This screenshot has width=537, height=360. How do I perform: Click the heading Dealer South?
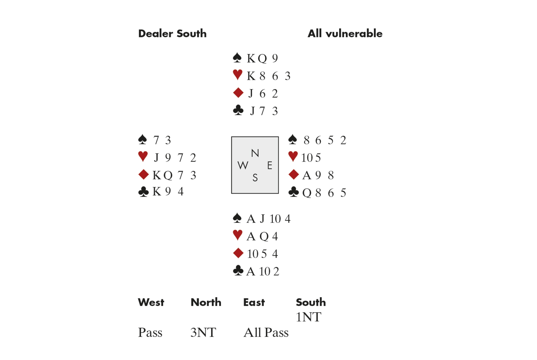point(172,33)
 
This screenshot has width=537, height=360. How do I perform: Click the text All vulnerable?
point(345,33)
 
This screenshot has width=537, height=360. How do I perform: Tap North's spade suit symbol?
point(237,58)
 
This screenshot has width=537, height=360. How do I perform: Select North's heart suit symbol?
point(238,75)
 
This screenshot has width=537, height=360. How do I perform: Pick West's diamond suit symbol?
point(143,174)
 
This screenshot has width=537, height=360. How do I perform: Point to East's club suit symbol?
point(294,192)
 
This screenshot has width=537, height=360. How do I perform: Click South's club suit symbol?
point(238,271)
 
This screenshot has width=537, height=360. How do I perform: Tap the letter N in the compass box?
point(255,153)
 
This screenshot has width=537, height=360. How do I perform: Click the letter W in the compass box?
point(243,166)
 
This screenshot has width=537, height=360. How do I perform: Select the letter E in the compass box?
point(269,166)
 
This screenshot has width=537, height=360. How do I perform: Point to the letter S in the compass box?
point(255,178)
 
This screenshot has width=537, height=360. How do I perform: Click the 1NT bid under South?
point(308,317)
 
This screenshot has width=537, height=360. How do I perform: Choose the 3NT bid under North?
point(203,333)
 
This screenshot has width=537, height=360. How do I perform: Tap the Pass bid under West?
point(150,333)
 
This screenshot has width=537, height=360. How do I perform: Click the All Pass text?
point(266,333)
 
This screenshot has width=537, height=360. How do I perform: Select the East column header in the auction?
point(254,302)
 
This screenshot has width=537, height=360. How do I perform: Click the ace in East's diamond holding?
point(306,175)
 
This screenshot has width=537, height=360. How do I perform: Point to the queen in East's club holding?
point(307,193)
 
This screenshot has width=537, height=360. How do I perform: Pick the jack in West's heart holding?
point(157,158)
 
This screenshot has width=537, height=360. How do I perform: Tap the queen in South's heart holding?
point(264,236)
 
